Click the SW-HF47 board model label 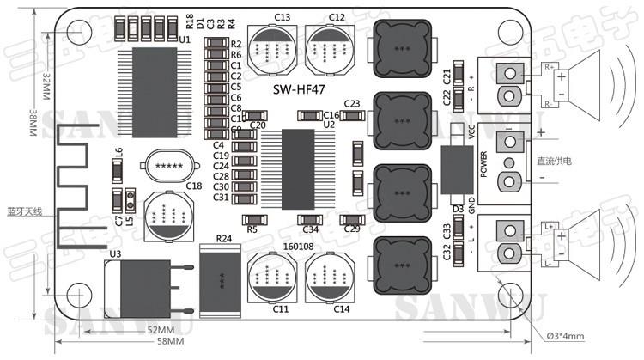(x=299, y=89)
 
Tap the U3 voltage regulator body (x=142, y=284)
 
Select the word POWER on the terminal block (x=484, y=163)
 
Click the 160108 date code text (x=298, y=247)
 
